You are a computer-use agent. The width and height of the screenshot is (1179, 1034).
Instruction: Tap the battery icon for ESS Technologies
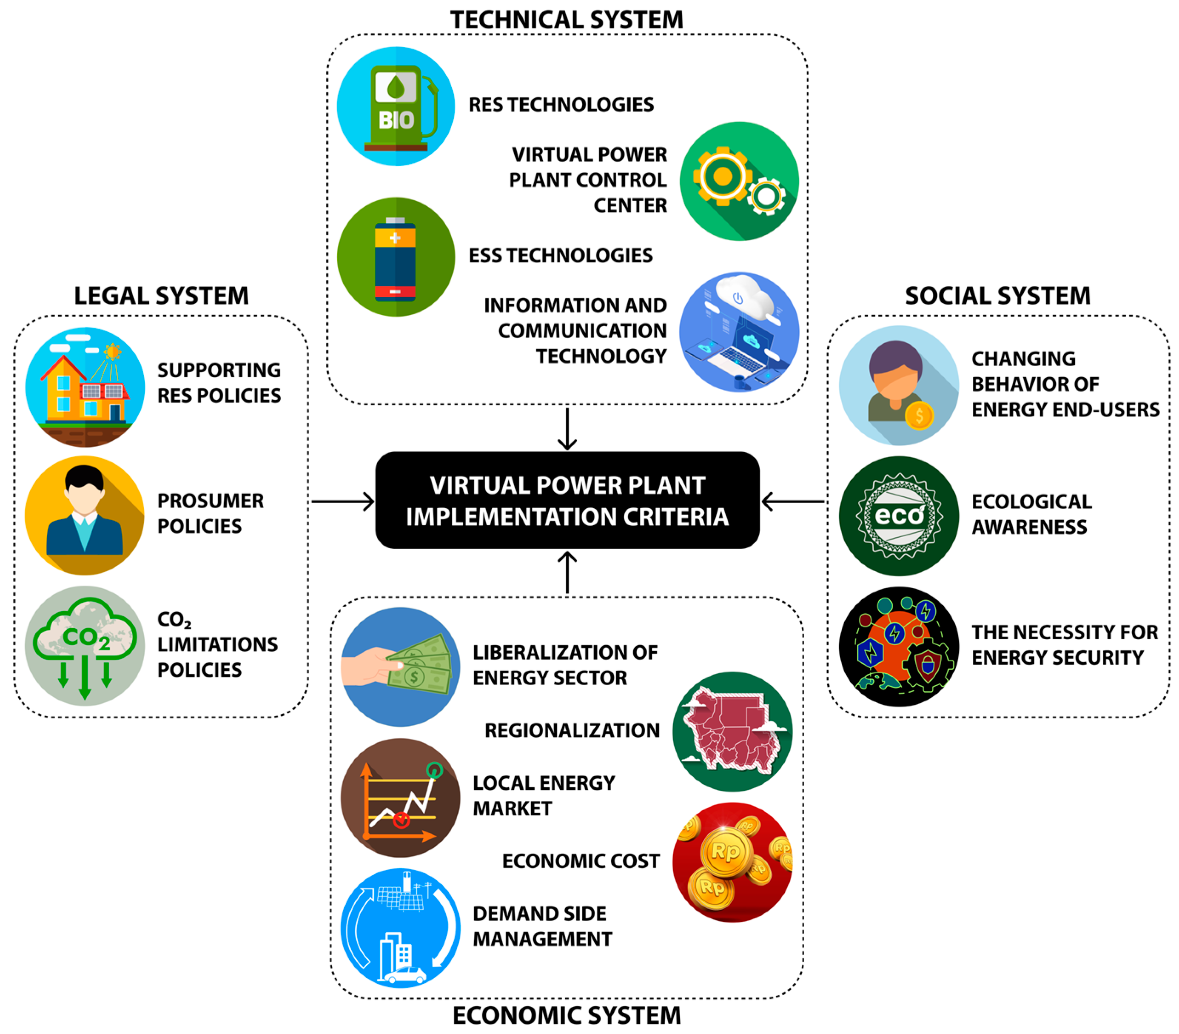396,257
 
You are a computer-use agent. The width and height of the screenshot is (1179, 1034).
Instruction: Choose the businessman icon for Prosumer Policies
85,515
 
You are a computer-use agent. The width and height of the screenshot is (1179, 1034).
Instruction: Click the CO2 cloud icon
85,645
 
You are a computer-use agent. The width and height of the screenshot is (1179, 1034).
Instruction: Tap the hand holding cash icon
400,667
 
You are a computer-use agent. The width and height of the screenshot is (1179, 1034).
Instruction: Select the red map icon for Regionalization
732,731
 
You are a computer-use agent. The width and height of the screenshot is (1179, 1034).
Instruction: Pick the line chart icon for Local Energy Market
400,798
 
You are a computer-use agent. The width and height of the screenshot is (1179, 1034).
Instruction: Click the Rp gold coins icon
732,862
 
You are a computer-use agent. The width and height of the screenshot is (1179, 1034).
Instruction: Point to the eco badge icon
899,516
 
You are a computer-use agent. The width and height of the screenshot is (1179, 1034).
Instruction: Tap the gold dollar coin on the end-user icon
919,415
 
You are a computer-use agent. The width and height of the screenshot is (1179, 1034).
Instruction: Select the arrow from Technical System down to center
567,428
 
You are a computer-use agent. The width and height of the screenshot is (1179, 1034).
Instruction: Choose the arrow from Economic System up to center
567,573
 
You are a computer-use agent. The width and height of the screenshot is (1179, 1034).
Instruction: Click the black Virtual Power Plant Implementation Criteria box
567,501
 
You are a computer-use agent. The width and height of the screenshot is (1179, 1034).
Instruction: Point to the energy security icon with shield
899,647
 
